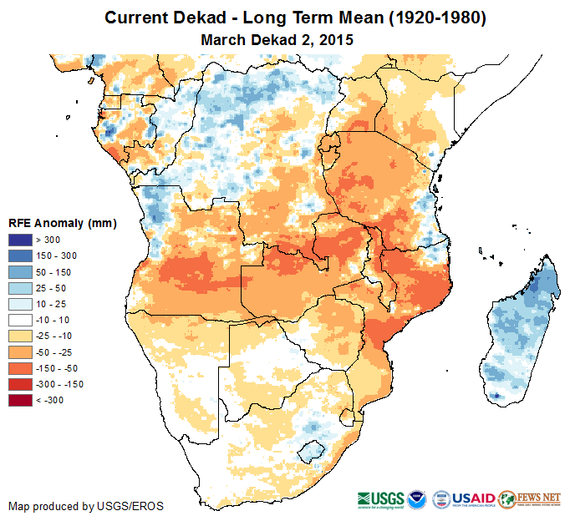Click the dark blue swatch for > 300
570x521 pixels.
click(x=21, y=240)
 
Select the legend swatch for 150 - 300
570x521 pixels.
click(x=21, y=256)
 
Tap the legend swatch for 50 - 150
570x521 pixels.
click(x=21, y=272)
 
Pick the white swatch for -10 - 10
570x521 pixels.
click(x=21, y=320)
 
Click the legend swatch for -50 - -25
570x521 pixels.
click(x=21, y=352)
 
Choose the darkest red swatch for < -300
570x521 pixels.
click(x=21, y=400)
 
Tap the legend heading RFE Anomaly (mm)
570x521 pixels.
click(x=62, y=223)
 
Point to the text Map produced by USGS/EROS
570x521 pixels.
click(x=86, y=506)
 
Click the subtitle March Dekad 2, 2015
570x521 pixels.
click(x=277, y=39)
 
